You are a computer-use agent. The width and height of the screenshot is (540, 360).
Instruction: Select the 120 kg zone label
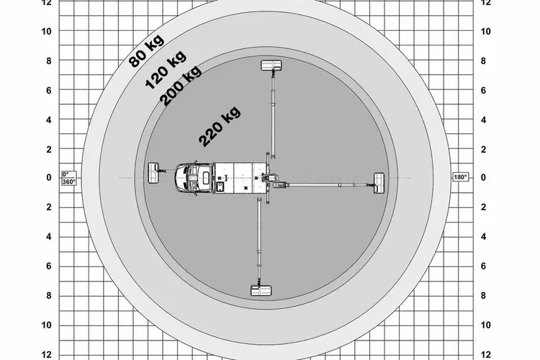[166, 70]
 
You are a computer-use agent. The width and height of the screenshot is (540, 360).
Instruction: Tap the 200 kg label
[180, 86]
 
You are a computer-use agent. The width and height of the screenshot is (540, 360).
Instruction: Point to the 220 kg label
[220, 127]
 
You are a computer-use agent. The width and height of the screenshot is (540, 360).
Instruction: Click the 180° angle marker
[461, 177]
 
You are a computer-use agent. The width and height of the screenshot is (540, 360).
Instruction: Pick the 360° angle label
[69, 181]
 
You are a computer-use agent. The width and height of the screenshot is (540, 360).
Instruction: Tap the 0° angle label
[66, 174]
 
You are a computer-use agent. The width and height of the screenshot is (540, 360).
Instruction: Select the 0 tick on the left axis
[49, 177]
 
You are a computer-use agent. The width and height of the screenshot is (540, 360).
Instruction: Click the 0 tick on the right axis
[484, 177]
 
